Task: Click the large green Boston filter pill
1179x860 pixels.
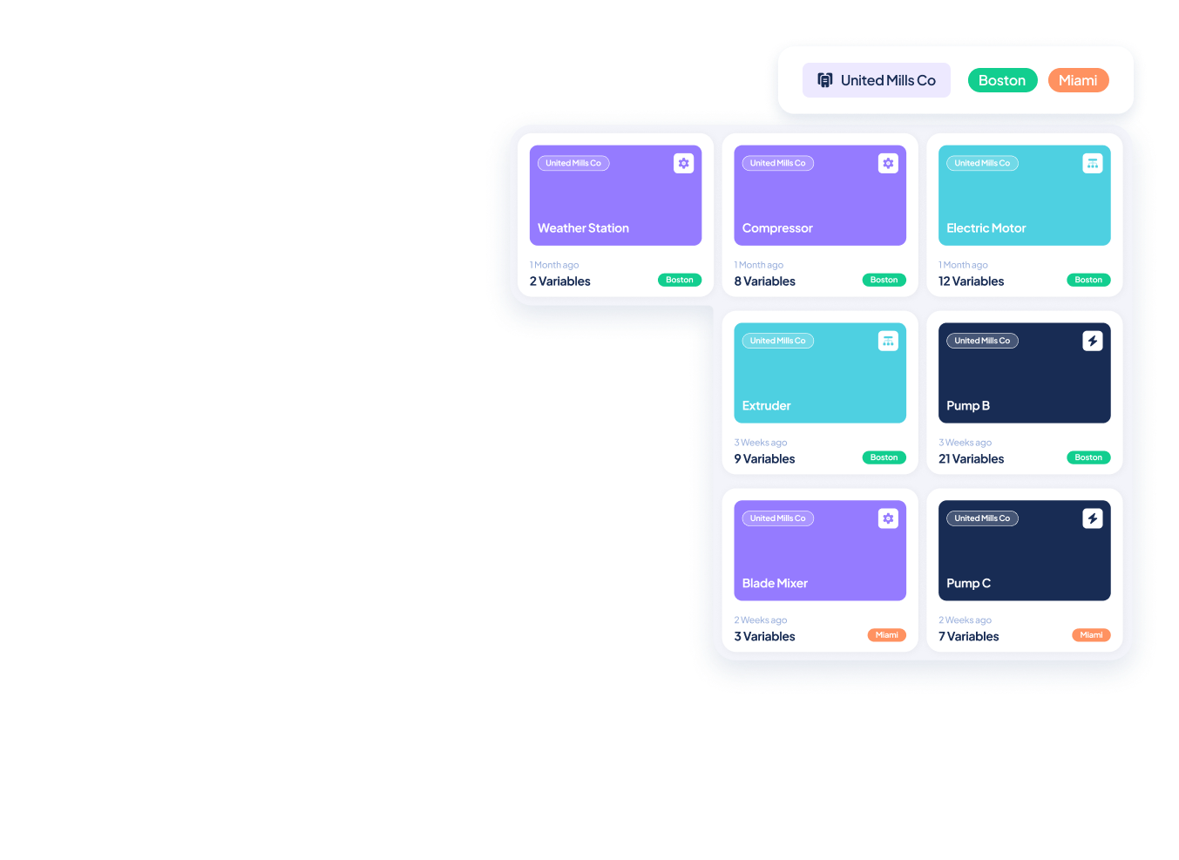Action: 1002,80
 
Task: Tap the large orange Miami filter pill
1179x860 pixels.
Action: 1078,80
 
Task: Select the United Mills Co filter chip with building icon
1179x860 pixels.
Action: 876,80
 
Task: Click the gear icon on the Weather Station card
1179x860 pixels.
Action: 684,163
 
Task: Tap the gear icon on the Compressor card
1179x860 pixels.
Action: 888,163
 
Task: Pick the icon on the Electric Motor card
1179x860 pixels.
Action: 1093,163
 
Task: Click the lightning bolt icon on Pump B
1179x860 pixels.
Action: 1093,341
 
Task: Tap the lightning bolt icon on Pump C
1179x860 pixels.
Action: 1093,518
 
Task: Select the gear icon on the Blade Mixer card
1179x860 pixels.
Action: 888,518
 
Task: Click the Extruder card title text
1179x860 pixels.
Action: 767,406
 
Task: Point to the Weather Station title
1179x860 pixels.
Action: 583,228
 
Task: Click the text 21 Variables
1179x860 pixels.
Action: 971,459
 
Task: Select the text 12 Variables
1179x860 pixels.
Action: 971,281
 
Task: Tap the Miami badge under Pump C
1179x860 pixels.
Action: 1091,635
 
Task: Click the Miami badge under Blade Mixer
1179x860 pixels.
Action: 886,635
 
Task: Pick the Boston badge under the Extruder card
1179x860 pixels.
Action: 884,457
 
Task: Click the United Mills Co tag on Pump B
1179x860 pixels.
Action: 982,341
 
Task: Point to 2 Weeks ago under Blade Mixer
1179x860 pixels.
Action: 760,620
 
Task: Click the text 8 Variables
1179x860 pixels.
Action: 764,281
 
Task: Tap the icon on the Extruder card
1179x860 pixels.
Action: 888,341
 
